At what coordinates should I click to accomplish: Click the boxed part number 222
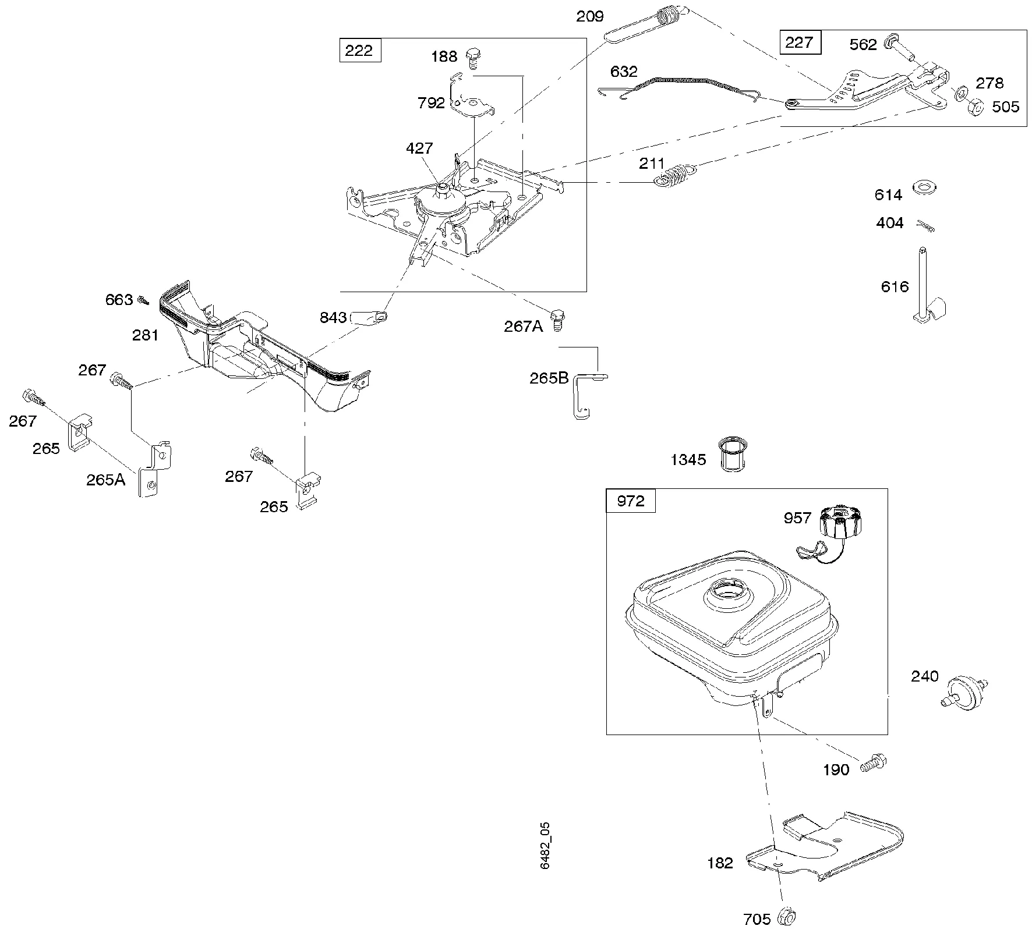point(359,51)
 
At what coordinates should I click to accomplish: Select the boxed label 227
point(800,43)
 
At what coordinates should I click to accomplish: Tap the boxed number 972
point(630,501)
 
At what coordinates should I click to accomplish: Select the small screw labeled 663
point(143,300)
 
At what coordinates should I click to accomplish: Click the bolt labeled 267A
point(558,319)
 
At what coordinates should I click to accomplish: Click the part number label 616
point(895,286)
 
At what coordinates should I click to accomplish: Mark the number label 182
point(720,863)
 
